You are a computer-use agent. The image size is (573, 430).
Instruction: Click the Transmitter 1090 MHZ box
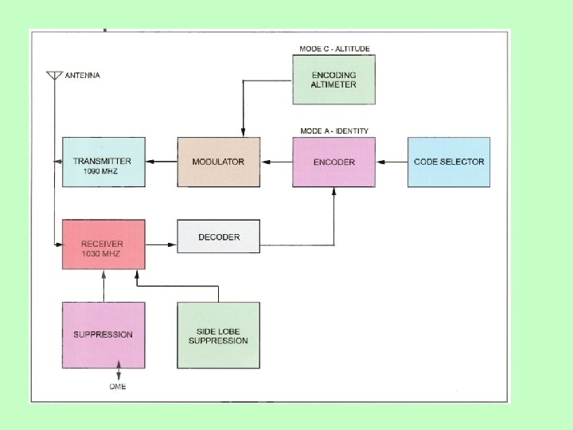coord(103,162)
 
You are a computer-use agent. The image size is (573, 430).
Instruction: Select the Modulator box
coord(218,162)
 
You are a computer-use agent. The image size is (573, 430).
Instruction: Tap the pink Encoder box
coord(333,162)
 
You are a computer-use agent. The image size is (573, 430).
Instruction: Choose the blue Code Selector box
coord(449,162)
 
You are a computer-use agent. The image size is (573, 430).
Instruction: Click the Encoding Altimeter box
coord(333,80)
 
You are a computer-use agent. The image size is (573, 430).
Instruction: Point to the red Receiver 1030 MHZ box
coord(103,244)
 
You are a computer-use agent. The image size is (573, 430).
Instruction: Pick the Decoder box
coord(218,236)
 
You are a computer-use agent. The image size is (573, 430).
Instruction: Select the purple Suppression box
coord(103,334)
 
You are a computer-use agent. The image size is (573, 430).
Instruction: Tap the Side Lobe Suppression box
coord(218,334)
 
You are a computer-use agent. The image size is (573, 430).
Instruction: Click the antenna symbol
coord(54,76)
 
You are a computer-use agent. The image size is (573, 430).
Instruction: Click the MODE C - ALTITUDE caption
coord(334,49)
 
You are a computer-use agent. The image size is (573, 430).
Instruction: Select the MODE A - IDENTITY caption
coord(334,131)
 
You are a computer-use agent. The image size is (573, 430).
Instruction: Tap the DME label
coord(119,387)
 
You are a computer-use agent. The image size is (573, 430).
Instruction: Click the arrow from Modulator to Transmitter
coord(161,162)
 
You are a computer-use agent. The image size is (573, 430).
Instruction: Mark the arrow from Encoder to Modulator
coord(276,162)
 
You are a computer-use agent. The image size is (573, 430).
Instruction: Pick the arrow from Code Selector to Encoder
coord(391,162)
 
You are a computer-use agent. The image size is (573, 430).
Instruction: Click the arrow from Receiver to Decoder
coord(161,244)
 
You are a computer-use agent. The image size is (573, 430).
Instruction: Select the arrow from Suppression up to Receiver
coord(103,285)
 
